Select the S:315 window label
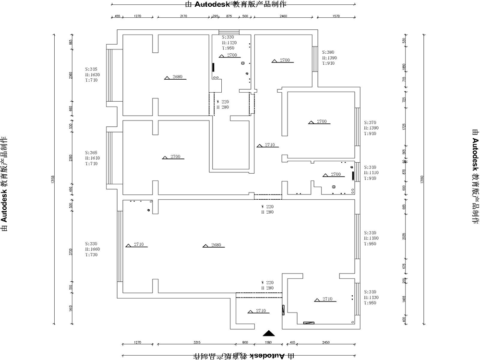click(x=91, y=69)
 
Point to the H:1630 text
click(x=92, y=75)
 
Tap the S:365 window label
click(x=91, y=152)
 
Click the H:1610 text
click(x=92, y=158)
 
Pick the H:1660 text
click(x=92, y=249)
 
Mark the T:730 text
click(x=91, y=255)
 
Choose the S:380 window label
click(x=328, y=52)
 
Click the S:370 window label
click(x=371, y=122)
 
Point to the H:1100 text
click(x=372, y=238)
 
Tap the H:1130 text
click(x=372, y=298)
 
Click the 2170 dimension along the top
click(x=183, y=16)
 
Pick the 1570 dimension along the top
click(x=336, y=16)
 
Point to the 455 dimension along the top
click(x=117, y=16)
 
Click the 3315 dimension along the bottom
click(x=197, y=343)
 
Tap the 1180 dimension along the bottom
click(x=268, y=343)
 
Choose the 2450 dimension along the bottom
click(x=326, y=343)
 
